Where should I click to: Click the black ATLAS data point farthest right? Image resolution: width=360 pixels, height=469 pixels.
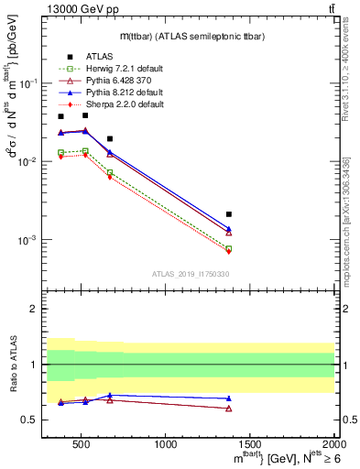(x=229, y=214)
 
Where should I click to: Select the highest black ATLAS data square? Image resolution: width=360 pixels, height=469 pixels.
(x=85, y=115)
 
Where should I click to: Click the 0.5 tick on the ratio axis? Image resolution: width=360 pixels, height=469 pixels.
(x=36, y=420)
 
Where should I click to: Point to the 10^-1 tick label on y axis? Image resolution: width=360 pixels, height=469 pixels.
(x=35, y=83)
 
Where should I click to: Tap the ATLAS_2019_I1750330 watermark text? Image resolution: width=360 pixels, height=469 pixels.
(x=190, y=273)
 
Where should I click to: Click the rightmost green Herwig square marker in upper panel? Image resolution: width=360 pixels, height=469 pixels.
(x=229, y=248)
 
